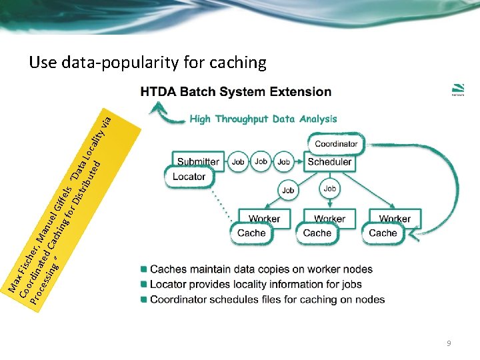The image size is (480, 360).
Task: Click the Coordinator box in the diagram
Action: (x=336, y=143)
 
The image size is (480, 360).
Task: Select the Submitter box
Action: (x=198, y=161)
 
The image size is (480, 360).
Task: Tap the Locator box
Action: (x=189, y=177)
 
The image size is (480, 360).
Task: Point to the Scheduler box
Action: (x=329, y=161)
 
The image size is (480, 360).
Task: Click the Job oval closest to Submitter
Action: (x=238, y=161)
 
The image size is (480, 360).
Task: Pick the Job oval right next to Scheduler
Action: (x=284, y=161)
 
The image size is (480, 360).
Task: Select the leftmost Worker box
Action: (x=264, y=219)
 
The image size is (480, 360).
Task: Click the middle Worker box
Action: (x=329, y=219)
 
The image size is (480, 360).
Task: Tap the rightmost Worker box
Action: (x=395, y=219)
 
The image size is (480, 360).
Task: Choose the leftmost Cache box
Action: (x=251, y=233)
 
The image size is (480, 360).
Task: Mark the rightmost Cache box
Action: (x=383, y=233)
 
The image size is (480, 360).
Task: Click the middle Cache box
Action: (x=317, y=233)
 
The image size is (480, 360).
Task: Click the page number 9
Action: (x=449, y=343)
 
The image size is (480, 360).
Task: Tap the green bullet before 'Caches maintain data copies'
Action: (x=143, y=269)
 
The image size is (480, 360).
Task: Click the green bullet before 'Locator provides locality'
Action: (x=143, y=285)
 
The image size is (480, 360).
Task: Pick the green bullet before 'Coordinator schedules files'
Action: (x=143, y=299)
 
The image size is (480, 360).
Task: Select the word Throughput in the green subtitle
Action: (x=251, y=119)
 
